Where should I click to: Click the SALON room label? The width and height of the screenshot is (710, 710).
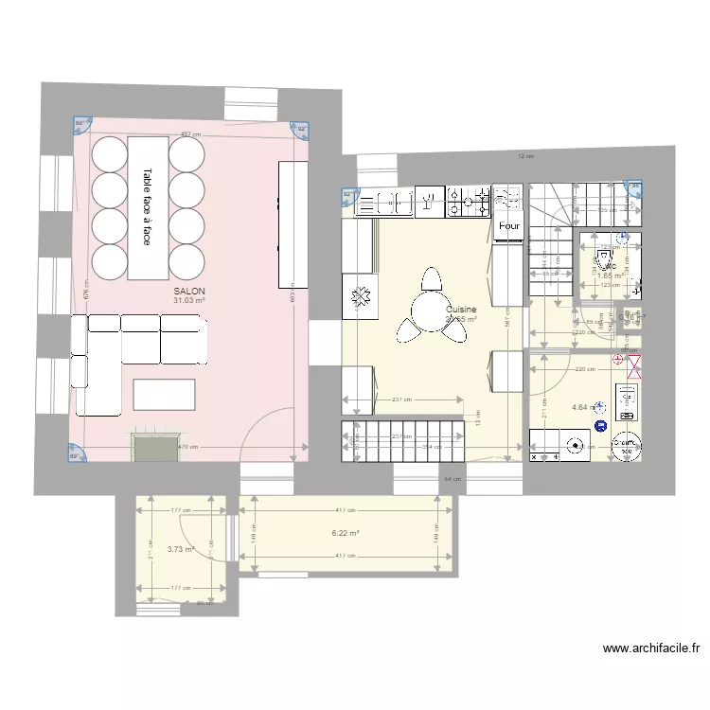point(189,291)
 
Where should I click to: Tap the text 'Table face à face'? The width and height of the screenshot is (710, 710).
point(147,207)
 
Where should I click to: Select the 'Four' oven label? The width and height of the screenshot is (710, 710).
point(508,226)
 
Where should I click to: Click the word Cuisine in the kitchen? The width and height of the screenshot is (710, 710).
point(461,310)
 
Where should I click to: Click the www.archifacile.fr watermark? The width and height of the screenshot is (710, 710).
point(651,648)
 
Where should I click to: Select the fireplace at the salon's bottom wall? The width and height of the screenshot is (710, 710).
point(154,448)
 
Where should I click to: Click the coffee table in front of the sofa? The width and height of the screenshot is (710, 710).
point(165,393)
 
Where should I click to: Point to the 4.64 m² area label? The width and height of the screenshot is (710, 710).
point(584,408)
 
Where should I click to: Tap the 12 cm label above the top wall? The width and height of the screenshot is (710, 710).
point(525,156)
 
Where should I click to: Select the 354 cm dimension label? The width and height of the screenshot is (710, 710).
point(432,446)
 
